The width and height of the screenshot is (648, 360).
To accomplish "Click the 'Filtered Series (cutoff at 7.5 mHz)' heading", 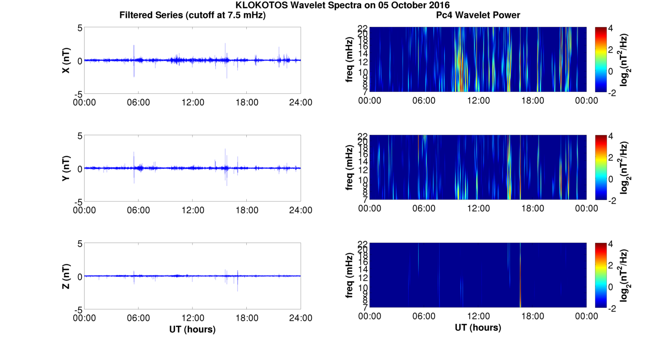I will click(192, 15).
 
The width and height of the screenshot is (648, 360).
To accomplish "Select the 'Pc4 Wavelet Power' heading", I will click(478, 15).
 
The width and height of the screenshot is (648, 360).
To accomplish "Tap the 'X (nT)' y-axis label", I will click(66, 60).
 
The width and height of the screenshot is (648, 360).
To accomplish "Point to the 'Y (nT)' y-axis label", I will click(66, 169).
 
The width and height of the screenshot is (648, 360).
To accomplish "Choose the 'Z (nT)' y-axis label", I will click(66, 276).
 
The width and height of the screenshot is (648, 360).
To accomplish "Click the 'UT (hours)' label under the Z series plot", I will click(192, 329).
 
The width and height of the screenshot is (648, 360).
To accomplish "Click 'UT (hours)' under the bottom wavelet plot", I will click(478, 328).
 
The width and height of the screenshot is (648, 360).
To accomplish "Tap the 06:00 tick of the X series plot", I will click(138, 102).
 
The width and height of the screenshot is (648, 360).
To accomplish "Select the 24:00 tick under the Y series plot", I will click(300, 210).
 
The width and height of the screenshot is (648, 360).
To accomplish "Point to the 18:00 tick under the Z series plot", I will click(247, 318).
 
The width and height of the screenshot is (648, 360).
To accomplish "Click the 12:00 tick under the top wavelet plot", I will click(478, 101).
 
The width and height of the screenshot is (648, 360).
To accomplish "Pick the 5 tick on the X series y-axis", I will click(79, 28).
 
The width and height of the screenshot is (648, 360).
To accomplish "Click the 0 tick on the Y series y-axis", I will click(79, 169).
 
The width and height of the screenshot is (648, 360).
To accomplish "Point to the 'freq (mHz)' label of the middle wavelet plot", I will click(350, 168).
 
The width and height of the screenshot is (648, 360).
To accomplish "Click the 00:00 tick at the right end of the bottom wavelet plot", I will click(586, 316).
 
